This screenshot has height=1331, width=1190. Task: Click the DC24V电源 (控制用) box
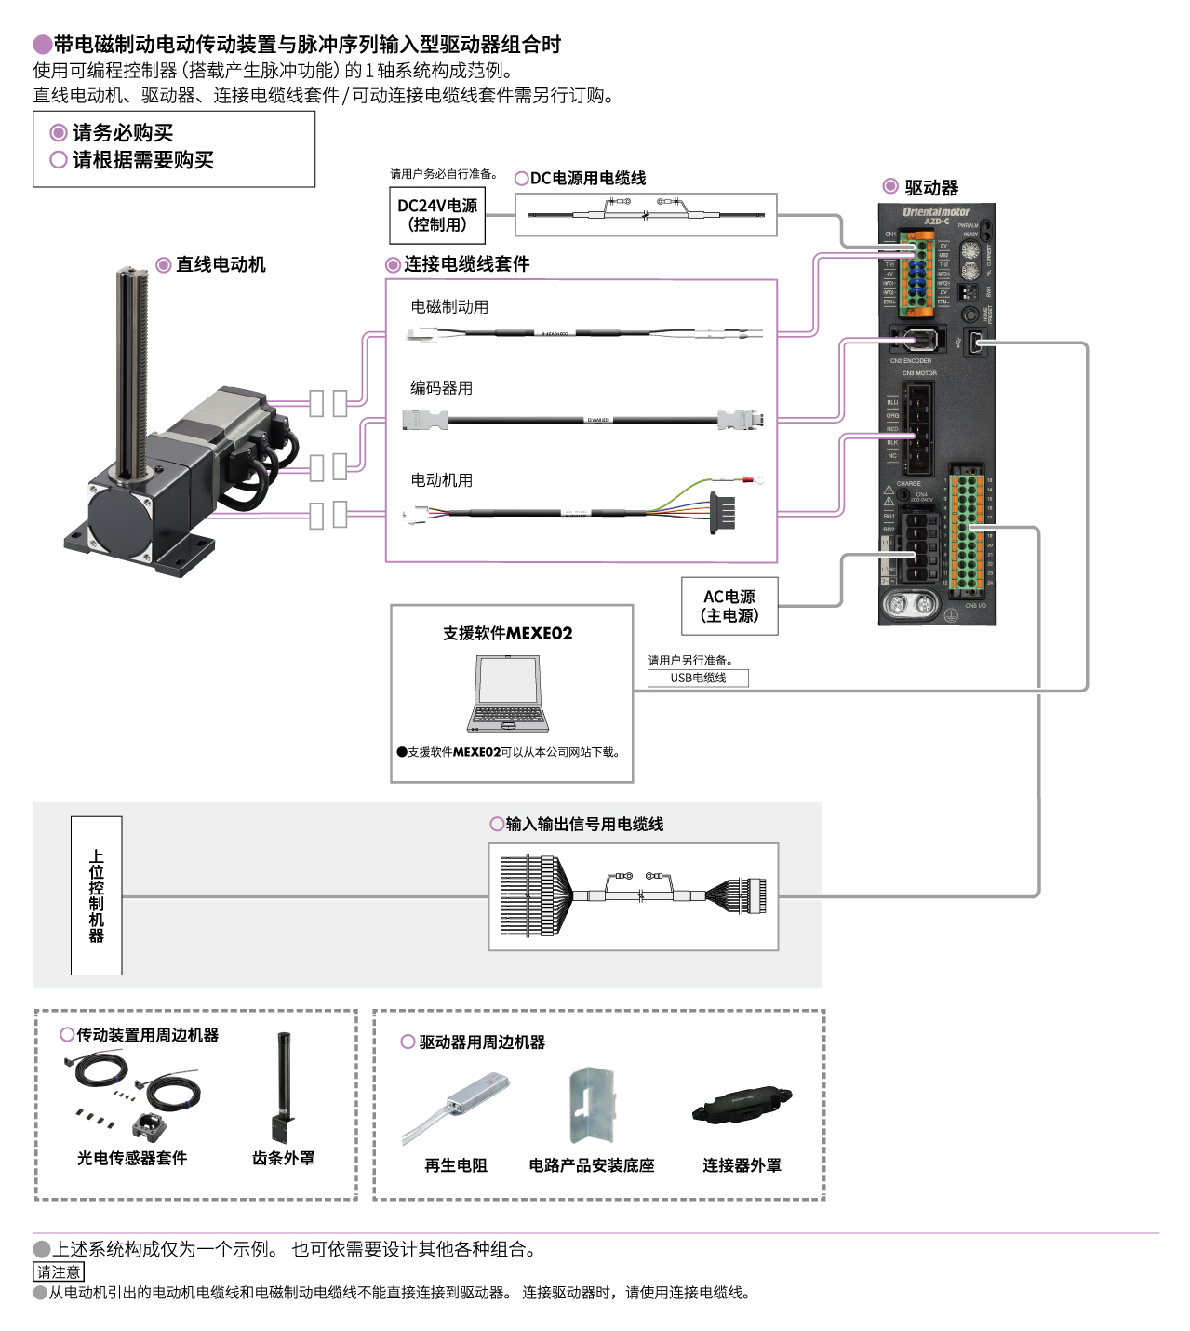pos(436,215)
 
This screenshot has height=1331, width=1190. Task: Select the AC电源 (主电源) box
pos(729,606)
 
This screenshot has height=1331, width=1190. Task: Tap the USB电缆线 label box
pos(698,678)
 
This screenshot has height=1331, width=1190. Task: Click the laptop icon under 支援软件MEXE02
pos(508,694)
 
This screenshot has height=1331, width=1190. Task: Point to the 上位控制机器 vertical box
pos(97,895)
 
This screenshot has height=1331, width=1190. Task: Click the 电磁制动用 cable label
pos(449,306)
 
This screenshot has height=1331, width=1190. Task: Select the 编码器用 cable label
pos(441,387)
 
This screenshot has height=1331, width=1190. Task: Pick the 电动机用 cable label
pos(441,479)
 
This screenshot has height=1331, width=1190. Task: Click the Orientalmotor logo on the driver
pos(936,212)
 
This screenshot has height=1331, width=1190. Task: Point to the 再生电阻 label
pos(455,1164)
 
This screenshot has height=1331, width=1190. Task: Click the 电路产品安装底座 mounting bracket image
pos(592,1105)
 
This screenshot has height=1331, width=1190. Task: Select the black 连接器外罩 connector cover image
pos(742,1105)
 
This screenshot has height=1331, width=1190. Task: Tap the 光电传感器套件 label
pos(132,1158)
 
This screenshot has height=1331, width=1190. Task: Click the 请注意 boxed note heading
pos(59,1271)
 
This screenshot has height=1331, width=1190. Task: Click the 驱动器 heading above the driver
pos(931,187)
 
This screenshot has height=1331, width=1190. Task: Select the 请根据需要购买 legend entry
pos(142,160)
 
